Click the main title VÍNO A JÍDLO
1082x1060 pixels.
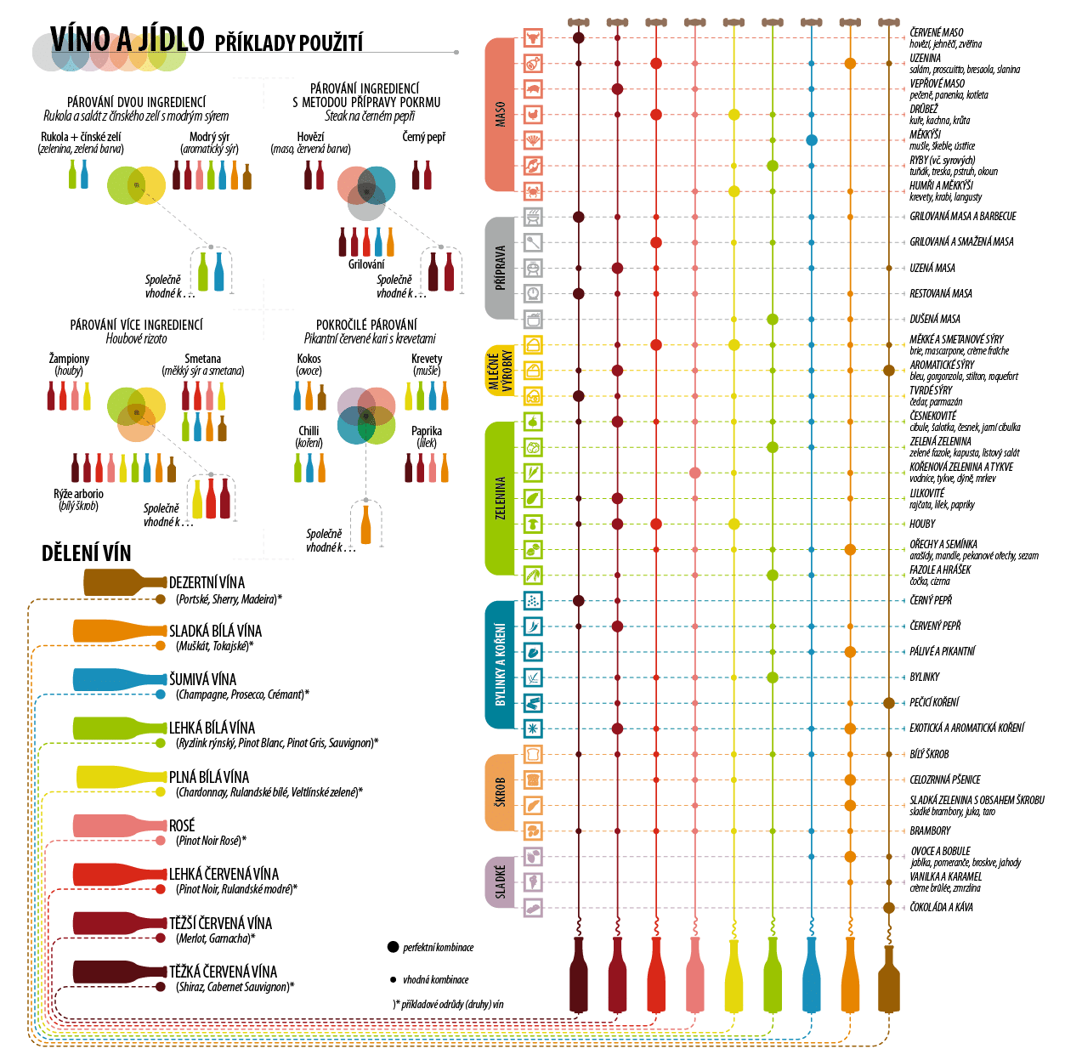point(127,40)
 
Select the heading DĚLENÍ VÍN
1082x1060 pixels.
point(87,553)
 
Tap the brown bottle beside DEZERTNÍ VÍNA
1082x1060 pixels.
point(124,582)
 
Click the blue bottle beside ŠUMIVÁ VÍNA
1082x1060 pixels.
point(119,679)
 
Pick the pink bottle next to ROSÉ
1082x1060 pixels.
point(119,825)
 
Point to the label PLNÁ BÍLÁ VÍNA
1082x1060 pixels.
point(209,777)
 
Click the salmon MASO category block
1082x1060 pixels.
point(500,115)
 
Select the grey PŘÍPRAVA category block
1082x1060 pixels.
point(500,268)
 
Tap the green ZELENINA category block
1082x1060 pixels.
point(500,498)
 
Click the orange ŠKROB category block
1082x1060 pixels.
point(500,792)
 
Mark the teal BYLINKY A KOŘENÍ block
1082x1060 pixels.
point(500,665)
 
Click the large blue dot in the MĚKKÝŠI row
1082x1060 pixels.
point(812,140)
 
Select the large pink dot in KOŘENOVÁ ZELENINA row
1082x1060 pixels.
point(695,473)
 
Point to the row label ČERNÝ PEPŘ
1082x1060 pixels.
point(931,600)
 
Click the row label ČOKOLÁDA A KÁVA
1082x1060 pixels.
point(942,907)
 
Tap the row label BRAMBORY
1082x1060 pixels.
point(930,830)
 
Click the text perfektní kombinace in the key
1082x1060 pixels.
point(438,947)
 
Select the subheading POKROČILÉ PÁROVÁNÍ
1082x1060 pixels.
point(366,325)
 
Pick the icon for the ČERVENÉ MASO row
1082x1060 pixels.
point(533,37)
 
